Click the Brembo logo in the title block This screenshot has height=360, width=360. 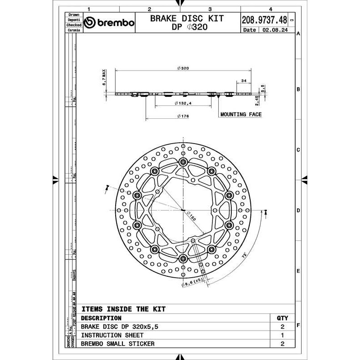[109, 23]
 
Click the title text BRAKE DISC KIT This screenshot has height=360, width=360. [187, 19]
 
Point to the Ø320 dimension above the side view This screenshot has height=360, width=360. [182, 68]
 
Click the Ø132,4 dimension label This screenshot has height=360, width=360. [182, 103]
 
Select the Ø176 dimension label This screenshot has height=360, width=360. [182, 117]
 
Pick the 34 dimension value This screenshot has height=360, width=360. [244, 81]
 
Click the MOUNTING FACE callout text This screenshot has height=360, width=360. [241, 114]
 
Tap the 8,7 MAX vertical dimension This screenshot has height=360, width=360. [103, 77]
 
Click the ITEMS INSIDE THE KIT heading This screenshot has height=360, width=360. [123, 309]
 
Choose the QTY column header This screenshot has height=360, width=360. [282, 318]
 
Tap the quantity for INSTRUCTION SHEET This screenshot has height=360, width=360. [282, 335]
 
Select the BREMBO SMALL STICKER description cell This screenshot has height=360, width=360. [118, 344]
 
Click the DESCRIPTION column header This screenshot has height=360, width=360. [101, 318]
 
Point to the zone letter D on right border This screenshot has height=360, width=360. [298, 211]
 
